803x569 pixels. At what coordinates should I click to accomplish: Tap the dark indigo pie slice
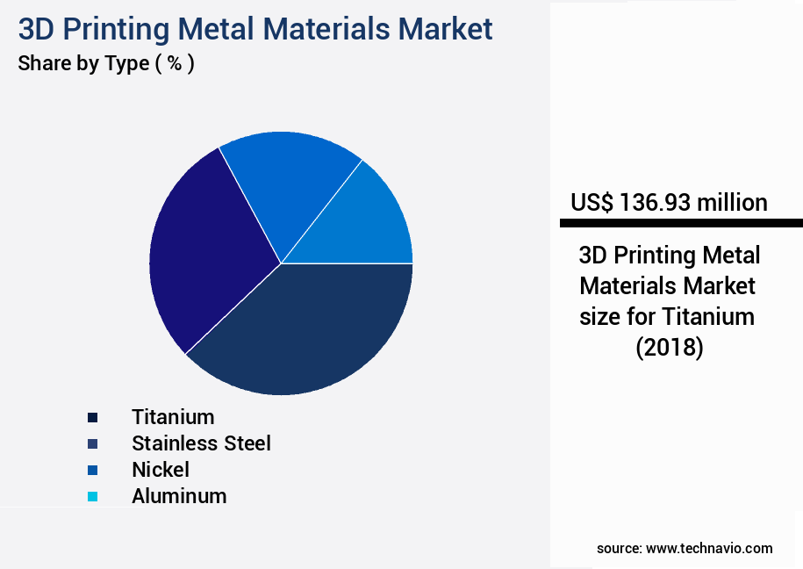click(206, 255)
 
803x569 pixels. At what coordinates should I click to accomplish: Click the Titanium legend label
click(173, 416)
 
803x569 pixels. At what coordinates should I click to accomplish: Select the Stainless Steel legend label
click(201, 443)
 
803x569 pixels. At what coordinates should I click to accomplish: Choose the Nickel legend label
click(161, 469)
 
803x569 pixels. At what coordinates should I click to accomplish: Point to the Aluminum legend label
click(179, 495)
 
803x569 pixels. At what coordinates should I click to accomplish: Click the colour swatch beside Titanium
click(93, 417)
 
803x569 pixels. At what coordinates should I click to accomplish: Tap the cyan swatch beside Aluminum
click(93, 496)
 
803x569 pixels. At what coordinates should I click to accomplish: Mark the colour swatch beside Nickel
click(93, 470)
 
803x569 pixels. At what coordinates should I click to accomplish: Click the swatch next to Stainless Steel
click(93, 443)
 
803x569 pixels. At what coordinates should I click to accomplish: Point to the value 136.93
click(655, 203)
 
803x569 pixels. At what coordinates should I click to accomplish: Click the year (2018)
click(669, 347)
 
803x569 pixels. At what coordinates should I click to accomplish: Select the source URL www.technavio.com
click(709, 548)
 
